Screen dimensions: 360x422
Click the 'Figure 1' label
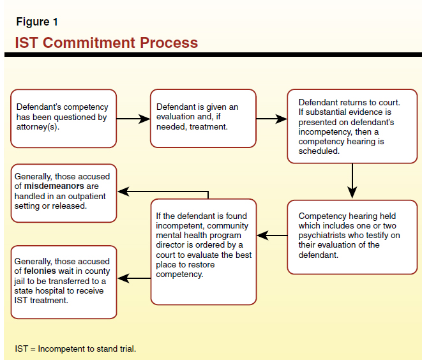[37, 22]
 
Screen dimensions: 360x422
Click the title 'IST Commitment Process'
[107, 43]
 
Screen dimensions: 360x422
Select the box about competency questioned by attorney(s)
[63, 118]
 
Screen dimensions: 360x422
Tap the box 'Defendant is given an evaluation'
[203, 118]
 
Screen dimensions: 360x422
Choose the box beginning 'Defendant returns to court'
[352, 126]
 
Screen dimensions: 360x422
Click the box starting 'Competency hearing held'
[352, 237]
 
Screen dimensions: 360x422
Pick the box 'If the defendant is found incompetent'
[203, 251]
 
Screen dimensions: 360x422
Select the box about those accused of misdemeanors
[63, 192]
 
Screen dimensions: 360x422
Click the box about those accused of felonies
[63, 281]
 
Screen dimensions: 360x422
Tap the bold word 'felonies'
[47, 271]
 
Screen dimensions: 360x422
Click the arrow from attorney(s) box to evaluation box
[133, 119]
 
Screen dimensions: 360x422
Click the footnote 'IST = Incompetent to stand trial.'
[75, 349]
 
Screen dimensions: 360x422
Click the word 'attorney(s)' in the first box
[38, 127]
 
